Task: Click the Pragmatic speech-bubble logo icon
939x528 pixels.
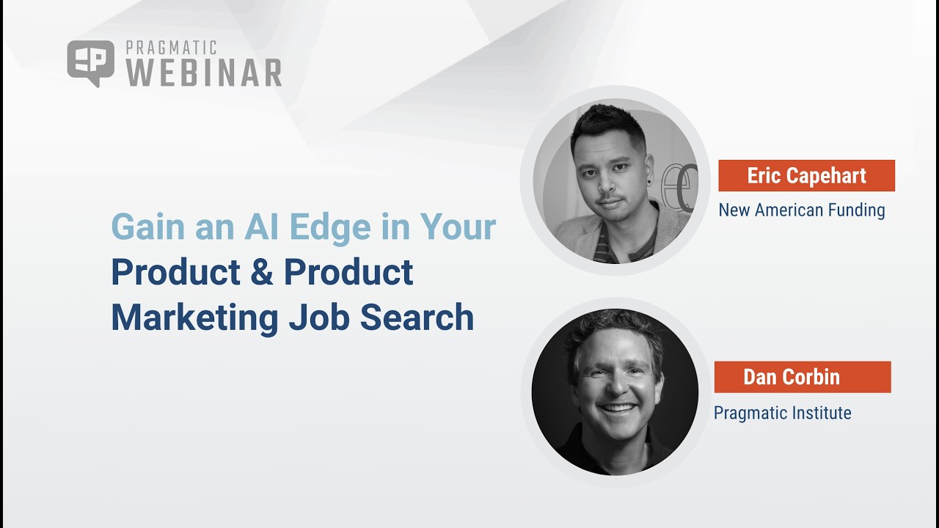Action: click(90, 63)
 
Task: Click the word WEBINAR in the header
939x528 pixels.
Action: click(204, 73)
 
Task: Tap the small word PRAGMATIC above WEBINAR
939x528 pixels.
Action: click(171, 48)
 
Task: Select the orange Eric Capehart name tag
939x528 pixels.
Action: click(806, 176)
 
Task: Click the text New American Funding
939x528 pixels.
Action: click(801, 210)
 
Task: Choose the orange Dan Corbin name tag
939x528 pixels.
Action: click(802, 377)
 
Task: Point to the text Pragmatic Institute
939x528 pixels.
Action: click(782, 413)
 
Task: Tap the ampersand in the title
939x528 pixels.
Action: click(263, 272)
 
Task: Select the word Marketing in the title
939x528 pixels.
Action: click(194, 318)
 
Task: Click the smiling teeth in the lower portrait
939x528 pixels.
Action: click(618, 408)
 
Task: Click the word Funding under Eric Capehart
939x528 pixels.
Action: click(856, 210)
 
